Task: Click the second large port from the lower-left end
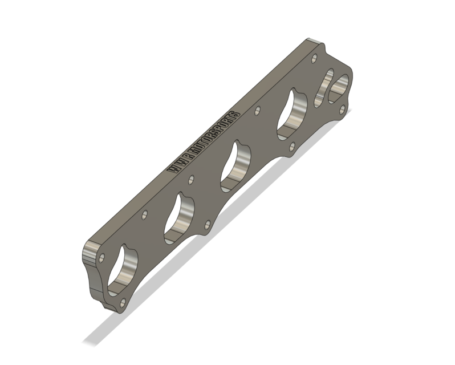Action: [x=180, y=216]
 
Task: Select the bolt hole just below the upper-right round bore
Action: [x=341, y=111]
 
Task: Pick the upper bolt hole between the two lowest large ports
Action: [x=145, y=215]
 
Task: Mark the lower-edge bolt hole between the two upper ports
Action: [x=291, y=147]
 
